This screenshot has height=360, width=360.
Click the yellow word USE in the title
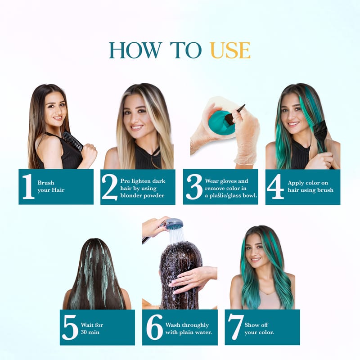(x=230, y=50)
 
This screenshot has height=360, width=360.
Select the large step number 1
(x=28, y=186)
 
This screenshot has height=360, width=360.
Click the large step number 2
(x=109, y=187)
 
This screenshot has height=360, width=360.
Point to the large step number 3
(x=194, y=187)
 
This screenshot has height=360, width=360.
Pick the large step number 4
(x=275, y=186)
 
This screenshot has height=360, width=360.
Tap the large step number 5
(x=70, y=328)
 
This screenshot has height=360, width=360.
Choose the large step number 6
(x=154, y=328)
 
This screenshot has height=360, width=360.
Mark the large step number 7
(x=235, y=327)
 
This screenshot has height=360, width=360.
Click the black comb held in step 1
(x=73, y=141)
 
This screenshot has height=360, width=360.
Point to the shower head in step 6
(x=174, y=224)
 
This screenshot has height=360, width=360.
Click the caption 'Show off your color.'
(x=259, y=328)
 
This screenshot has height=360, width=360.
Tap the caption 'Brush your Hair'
(x=51, y=186)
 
